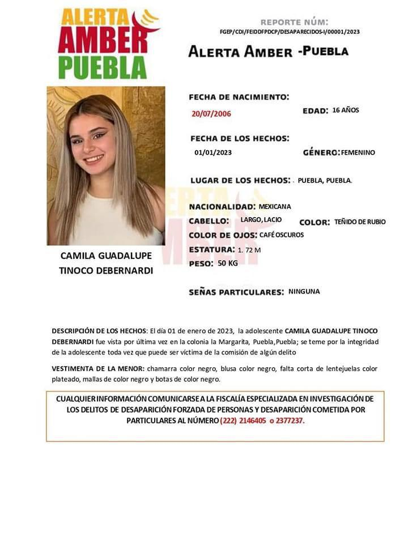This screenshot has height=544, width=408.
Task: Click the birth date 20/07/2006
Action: tap(211, 113)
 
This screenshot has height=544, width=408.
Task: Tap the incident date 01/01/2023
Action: tap(213, 152)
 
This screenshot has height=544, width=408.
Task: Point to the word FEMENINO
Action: tap(358, 152)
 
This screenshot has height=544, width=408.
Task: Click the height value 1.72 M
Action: tap(249, 250)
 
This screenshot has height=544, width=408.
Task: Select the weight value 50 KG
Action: tap(228, 263)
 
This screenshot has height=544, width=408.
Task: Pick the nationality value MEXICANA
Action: tap(275, 207)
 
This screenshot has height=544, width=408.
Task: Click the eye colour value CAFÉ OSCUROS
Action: tap(282, 235)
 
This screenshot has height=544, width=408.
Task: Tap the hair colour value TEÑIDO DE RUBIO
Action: tap(360, 222)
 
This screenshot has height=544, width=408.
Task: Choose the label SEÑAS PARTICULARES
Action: tap(236, 292)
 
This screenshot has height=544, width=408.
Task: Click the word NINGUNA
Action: tap(304, 292)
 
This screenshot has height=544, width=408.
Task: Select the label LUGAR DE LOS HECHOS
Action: tap(240, 180)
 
